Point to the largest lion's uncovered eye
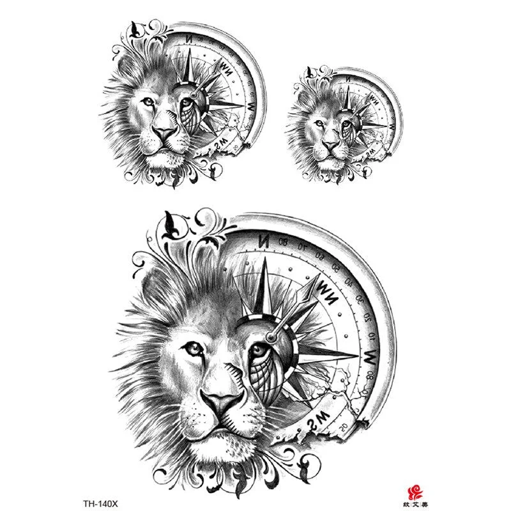click(x=192, y=348)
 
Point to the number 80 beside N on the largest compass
click(x=283, y=241)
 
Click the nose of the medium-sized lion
click(x=165, y=132)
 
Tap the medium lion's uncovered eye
click(x=148, y=102)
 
